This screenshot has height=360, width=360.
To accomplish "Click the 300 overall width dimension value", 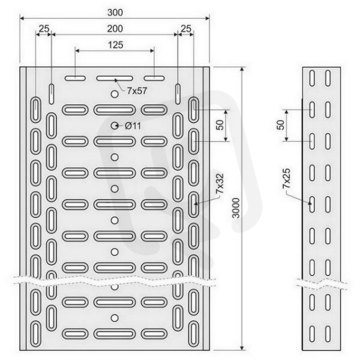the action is [115, 13].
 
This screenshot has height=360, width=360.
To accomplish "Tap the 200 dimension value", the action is [115, 29].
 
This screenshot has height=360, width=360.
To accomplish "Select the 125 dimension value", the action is [115, 45].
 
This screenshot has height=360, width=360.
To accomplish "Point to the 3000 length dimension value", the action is [236, 208].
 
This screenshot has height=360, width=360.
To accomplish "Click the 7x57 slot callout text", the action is [137, 91].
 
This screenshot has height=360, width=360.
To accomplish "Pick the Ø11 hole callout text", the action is [133, 126].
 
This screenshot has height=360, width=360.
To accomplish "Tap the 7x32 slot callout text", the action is [220, 184].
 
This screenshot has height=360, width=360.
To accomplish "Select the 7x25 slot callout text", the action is [287, 179].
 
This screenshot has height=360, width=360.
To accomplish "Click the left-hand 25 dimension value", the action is [44, 29].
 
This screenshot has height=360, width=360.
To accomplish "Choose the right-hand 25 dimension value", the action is [186, 29].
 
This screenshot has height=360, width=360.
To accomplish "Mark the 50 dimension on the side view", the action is [280, 125].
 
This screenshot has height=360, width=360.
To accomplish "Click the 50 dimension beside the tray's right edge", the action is [220, 125].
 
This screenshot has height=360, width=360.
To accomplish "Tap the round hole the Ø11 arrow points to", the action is [115, 125].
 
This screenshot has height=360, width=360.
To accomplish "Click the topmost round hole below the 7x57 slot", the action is [115, 94].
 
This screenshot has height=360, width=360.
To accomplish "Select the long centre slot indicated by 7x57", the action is [115, 78].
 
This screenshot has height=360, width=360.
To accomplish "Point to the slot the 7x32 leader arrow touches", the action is [194, 205].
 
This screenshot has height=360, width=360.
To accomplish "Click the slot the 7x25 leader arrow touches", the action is [312, 205].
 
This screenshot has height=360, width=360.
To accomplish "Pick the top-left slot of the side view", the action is [312, 78].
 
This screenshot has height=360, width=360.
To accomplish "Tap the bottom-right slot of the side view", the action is [328, 334].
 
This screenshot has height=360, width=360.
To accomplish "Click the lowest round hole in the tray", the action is [115, 318].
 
